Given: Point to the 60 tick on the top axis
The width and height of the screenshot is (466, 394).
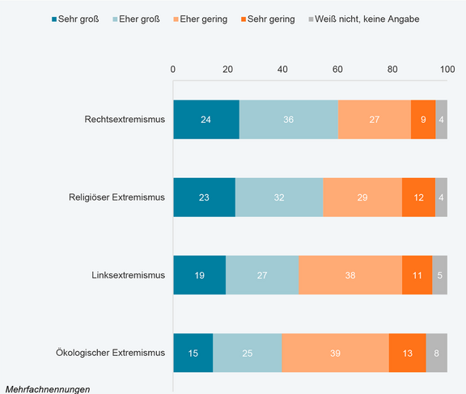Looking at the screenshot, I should [337, 70].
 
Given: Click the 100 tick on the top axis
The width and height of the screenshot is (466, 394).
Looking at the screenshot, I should [447, 70].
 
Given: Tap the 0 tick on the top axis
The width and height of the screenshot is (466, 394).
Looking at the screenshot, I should [173, 70].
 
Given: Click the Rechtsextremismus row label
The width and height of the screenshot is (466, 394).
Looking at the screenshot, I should [125, 120].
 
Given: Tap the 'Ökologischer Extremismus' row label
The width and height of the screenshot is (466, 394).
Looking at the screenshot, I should [112, 353].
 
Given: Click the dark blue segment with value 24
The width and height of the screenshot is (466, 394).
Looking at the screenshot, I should [206, 120].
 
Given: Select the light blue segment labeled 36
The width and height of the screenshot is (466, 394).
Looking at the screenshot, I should [288, 120].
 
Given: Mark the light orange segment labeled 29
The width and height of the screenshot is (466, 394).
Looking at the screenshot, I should [362, 197].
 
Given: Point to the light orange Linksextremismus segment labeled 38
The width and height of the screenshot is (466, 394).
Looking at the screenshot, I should [350, 275].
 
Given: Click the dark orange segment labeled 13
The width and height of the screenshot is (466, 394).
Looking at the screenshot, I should [407, 353].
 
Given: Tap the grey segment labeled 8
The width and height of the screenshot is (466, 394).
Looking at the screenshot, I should [436, 353].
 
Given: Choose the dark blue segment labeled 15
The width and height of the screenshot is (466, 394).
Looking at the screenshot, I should [193, 353].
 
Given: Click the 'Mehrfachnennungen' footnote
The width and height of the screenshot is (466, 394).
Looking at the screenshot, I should [47, 388].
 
